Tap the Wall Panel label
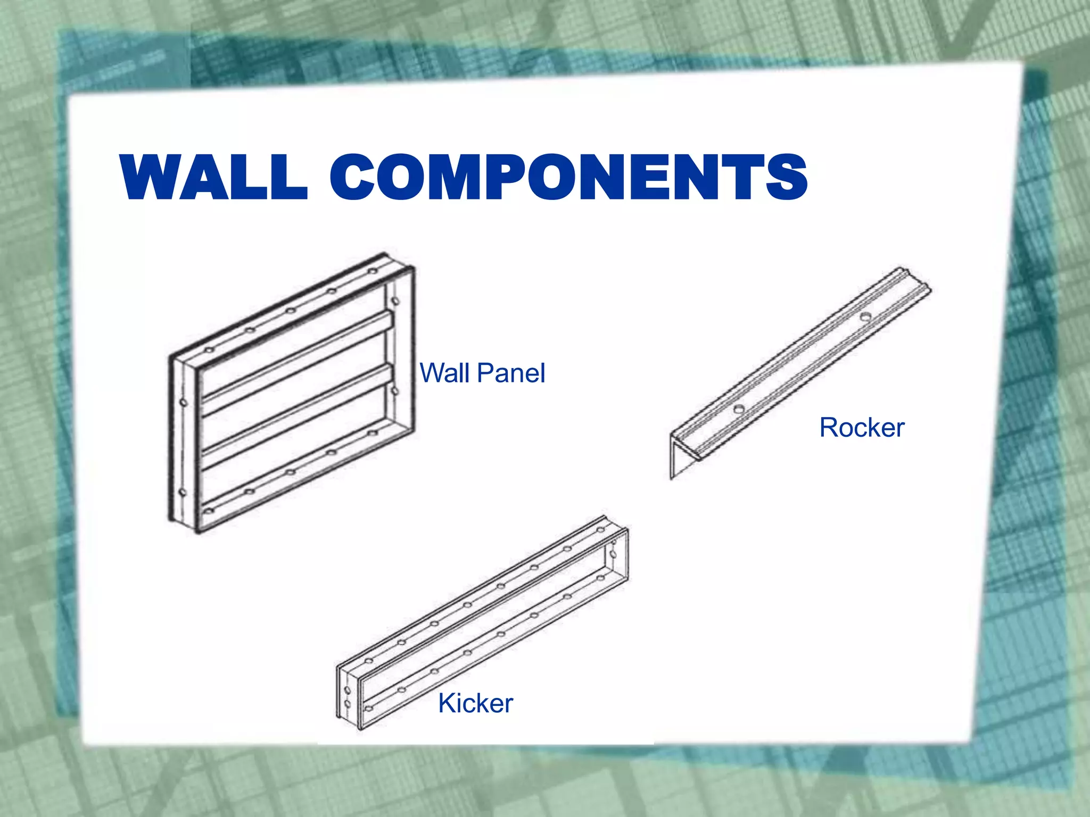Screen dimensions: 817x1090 click(x=482, y=373)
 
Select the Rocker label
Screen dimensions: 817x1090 click(x=862, y=428)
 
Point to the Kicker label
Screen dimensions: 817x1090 click(x=475, y=703)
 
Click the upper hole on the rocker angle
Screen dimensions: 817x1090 click(x=866, y=317)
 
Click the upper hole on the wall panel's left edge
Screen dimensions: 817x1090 click(x=184, y=402)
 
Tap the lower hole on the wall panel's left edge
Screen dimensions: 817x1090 click(x=183, y=493)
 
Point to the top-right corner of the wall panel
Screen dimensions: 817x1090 click(x=410, y=266)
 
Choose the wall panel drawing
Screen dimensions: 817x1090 click(x=292, y=394)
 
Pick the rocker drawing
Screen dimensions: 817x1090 click(x=798, y=372)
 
